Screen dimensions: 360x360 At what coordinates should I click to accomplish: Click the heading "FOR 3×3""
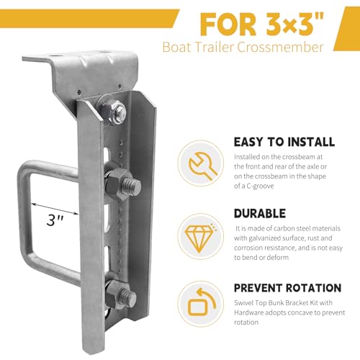point(262,24)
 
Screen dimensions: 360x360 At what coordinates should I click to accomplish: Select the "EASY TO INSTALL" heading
point(284,142)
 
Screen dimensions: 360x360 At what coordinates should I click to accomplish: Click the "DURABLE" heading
point(260,213)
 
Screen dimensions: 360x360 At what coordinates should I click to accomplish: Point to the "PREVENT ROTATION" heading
point(287,288)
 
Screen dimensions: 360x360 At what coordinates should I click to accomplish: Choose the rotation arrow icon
point(201,302)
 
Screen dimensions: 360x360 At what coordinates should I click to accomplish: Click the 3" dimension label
point(55,220)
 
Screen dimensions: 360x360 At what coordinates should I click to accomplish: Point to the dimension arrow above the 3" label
point(55,208)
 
